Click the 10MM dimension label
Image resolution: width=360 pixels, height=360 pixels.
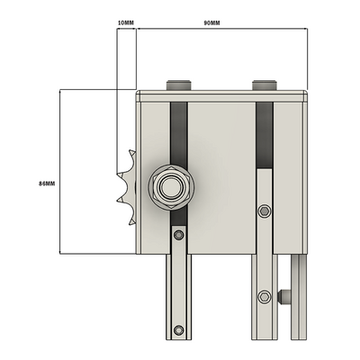pyautogui.click(x=126, y=22)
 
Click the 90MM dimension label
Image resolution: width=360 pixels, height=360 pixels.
pyautogui.click(x=211, y=22)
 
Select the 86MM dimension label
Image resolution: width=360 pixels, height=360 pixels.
pyautogui.click(x=47, y=184)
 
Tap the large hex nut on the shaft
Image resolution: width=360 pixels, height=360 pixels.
pyautogui.click(x=170, y=187)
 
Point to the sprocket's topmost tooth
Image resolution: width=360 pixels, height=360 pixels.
pyautogui.click(x=131, y=152)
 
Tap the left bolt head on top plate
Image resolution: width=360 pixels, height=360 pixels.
pyautogui.click(x=179, y=85)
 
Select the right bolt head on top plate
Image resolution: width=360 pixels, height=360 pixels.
pyautogui.click(x=265, y=85)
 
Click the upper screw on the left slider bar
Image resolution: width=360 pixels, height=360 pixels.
pyautogui.click(x=179, y=235)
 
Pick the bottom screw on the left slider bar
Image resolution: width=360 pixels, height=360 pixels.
pyautogui.click(x=179, y=330)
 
